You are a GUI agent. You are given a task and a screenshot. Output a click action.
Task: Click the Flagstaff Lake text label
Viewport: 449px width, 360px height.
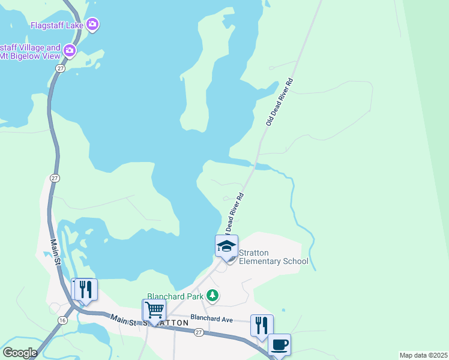pos(57,25)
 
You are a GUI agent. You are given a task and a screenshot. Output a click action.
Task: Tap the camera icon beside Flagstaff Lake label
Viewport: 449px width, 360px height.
pos(92,25)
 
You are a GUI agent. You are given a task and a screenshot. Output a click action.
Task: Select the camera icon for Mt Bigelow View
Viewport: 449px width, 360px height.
pos(70,50)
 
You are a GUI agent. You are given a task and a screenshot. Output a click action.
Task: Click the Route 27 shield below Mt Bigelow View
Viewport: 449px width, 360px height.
pos(59,69)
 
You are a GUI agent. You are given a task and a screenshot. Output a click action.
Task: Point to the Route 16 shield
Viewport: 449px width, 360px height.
pos(62,320)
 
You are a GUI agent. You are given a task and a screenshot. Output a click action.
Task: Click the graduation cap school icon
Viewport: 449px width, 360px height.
pos(226,246)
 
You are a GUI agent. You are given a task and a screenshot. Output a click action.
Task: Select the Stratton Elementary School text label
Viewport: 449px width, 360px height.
pos(274,257)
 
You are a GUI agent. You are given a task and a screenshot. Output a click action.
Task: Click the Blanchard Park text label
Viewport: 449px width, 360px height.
pos(175,296)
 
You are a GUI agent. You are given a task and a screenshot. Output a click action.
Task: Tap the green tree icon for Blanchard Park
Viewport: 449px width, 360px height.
pos(212,295)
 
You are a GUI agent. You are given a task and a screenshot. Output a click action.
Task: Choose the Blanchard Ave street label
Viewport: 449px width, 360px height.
pos(211,319)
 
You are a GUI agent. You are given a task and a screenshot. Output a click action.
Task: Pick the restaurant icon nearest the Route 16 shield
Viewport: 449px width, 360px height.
pos(84,290)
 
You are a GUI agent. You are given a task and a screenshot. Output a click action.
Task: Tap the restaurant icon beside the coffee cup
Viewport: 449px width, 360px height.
pos(262,326)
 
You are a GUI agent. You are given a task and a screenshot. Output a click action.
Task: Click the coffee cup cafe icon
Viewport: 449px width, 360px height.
pos(279,344)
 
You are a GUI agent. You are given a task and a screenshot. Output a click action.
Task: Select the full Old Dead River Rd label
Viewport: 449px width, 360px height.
pos(280,101)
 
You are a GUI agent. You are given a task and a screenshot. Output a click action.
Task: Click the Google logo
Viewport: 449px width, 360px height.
pos(20,353)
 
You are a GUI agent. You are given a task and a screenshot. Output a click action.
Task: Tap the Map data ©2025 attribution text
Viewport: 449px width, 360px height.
pos(423,355)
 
